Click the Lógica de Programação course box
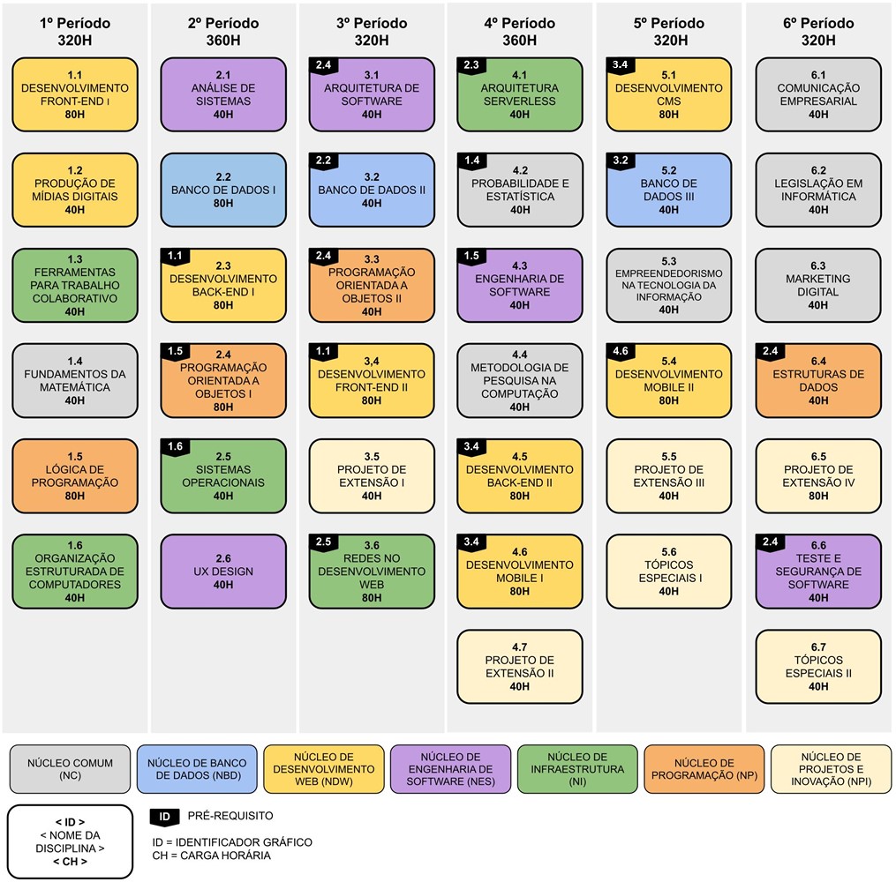(75, 476)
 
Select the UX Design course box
(222, 572)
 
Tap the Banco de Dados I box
(222, 191)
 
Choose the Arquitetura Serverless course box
(519, 95)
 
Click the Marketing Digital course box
(817, 286)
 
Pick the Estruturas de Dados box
(817, 381)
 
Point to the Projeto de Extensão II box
(519, 667)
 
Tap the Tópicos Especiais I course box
(668, 572)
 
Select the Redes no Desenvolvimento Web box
(372, 572)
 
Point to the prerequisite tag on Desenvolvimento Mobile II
(620, 352)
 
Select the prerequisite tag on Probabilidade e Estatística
(471, 161)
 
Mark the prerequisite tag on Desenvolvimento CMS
(620, 65)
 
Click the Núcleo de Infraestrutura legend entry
(576, 769)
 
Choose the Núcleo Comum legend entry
(70, 769)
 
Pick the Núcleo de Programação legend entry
(704, 769)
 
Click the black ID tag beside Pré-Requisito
(163, 817)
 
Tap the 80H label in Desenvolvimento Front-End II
(372, 400)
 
